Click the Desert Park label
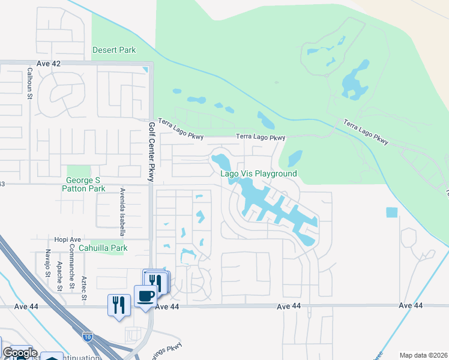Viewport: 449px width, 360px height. (x=114, y=50)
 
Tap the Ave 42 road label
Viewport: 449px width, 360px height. (x=49, y=64)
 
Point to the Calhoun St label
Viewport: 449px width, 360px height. (x=29, y=82)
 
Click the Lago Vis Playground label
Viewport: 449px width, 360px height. (x=259, y=173)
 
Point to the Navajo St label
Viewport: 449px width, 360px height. (x=47, y=264)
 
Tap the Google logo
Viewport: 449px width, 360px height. (x=19, y=353)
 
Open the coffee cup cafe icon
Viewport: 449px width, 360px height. (x=145, y=296)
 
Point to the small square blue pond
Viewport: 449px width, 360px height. (x=392, y=212)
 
